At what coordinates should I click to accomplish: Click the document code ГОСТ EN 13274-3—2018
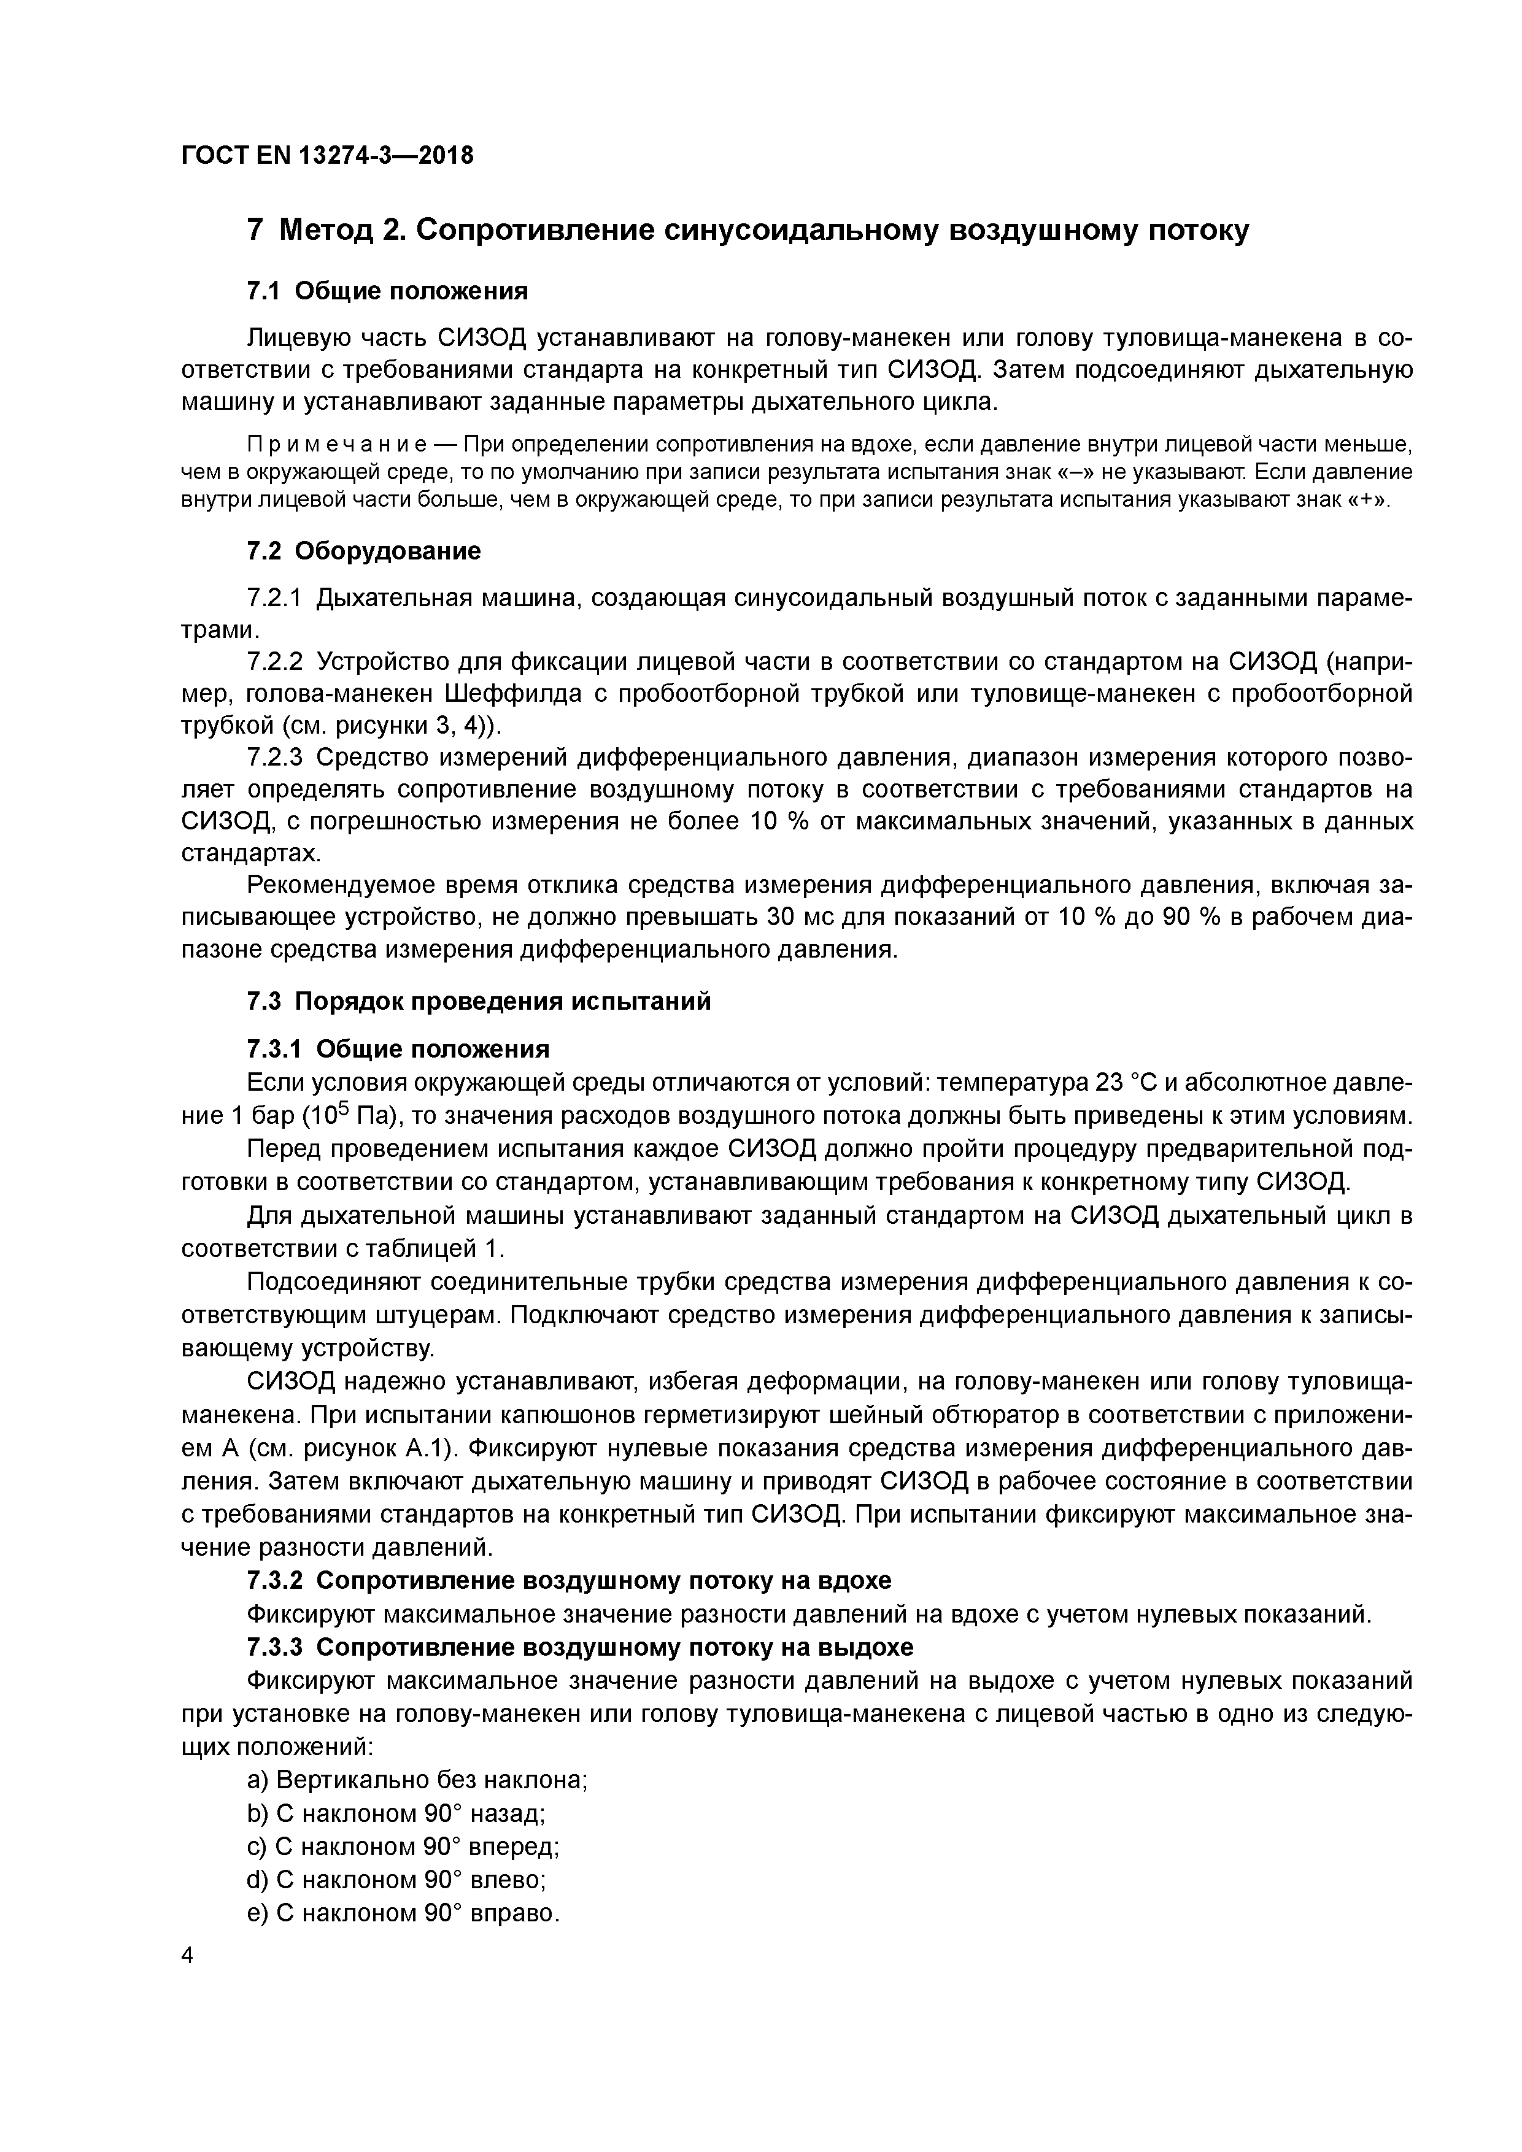coord(327,156)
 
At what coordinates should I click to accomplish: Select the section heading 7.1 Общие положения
coord(387,291)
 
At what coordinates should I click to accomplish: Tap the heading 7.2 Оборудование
coord(363,551)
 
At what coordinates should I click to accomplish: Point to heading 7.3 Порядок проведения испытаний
coord(478,1001)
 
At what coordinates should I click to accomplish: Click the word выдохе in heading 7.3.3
coord(862,1647)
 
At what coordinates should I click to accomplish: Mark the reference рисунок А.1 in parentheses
coord(375,1448)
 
